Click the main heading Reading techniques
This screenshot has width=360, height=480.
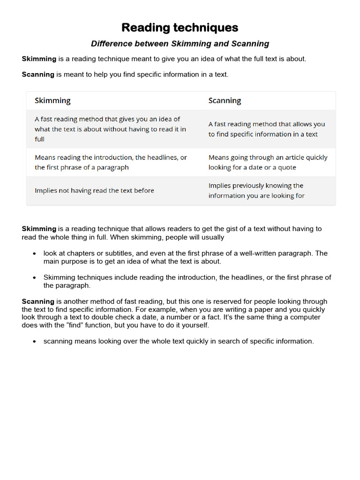[x=180, y=28]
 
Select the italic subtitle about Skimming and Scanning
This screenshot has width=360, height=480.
[x=180, y=44]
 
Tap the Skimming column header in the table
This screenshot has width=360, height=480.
[x=52, y=100]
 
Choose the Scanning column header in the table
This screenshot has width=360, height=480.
[x=225, y=100]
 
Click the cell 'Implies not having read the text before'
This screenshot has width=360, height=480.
[x=94, y=191]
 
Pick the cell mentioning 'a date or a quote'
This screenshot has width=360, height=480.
[x=268, y=162]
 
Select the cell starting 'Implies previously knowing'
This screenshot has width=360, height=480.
[x=256, y=191]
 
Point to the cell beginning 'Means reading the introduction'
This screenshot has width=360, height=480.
[x=111, y=162]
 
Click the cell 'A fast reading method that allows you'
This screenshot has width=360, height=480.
[x=266, y=129]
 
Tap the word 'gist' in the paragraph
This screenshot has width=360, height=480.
[x=236, y=229]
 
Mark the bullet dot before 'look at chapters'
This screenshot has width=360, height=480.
[x=35, y=254]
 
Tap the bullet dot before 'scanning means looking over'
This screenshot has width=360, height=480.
[x=35, y=342]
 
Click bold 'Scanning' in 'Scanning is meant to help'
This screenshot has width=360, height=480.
[x=38, y=75]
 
